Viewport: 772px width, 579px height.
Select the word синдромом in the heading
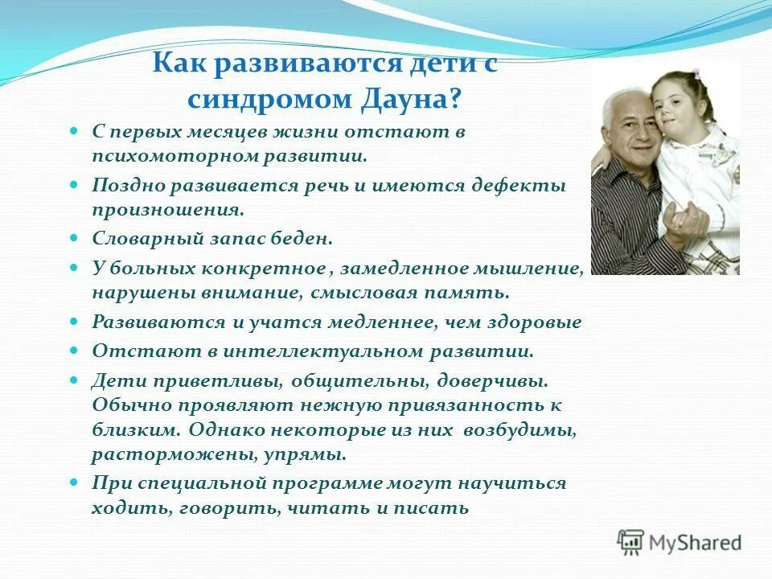tap(261, 99)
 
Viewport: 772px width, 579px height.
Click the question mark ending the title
tap(455, 99)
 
